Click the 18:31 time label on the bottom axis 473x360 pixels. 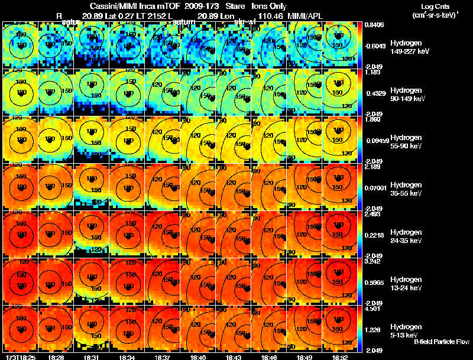coord(92,356)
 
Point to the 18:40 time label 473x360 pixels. coord(199,356)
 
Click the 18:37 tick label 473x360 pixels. coord(163,356)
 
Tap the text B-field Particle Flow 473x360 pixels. coord(442,342)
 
